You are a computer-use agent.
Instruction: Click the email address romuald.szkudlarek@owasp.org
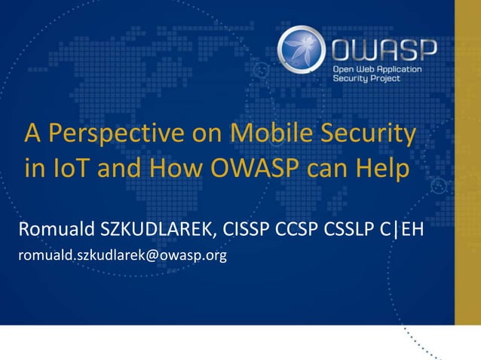[123, 257]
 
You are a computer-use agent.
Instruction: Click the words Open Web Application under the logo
[379, 69]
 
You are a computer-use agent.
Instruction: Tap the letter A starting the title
[32, 135]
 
